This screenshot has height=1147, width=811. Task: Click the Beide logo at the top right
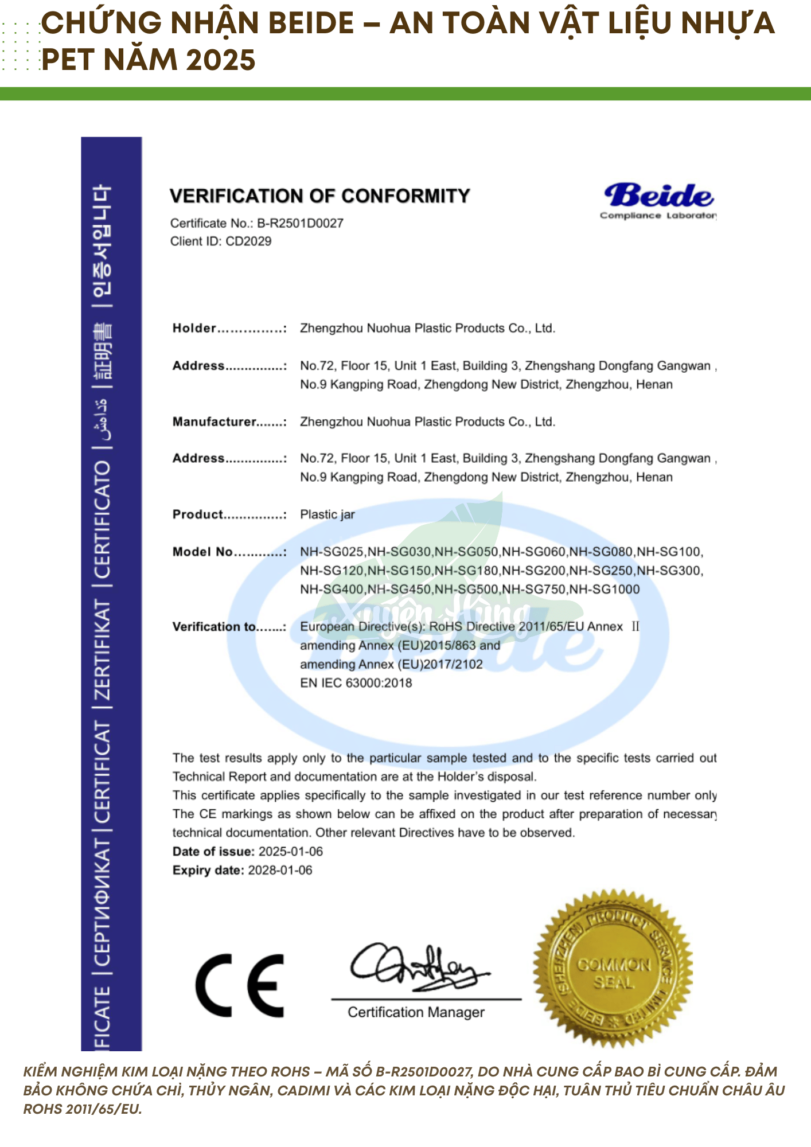pyautogui.click(x=658, y=199)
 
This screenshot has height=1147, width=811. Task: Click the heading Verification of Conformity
pyautogui.click(x=319, y=196)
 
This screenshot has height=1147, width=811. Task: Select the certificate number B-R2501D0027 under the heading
pyautogui.click(x=300, y=223)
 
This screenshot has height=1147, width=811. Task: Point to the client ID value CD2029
pyautogui.click(x=248, y=241)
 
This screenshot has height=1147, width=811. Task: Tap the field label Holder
pyautogui.click(x=194, y=328)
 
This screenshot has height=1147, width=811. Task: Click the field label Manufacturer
pyautogui.click(x=213, y=422)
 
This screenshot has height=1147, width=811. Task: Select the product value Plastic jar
pyautogui.click(x=327, y=514)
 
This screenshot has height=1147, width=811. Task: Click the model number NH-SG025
pyautogui.click(x=332, y=552)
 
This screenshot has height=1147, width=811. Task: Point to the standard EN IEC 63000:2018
pyautogui.click(x=356, y=682)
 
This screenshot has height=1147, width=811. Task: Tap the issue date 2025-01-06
pyautogui.click(x=290, y=851)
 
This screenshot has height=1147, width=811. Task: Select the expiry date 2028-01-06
pyautogui.click(x=280, y=870)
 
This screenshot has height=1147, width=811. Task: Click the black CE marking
pyautogui.click(x=240, y=985)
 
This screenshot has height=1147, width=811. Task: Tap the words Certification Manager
pyautogui.click(x=416, y=1012)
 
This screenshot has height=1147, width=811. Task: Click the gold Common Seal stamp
pyautogui.click(x=613, y=969)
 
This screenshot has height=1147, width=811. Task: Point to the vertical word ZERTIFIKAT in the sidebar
pyautogui.click(x=102, y=650)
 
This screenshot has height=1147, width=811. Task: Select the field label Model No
pyautogui.click(x=202, y=552)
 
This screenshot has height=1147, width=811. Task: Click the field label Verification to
pyautogui.click(x=213, y=627)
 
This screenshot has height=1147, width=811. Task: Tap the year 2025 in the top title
pyautogui.click(x=221, y=60)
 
